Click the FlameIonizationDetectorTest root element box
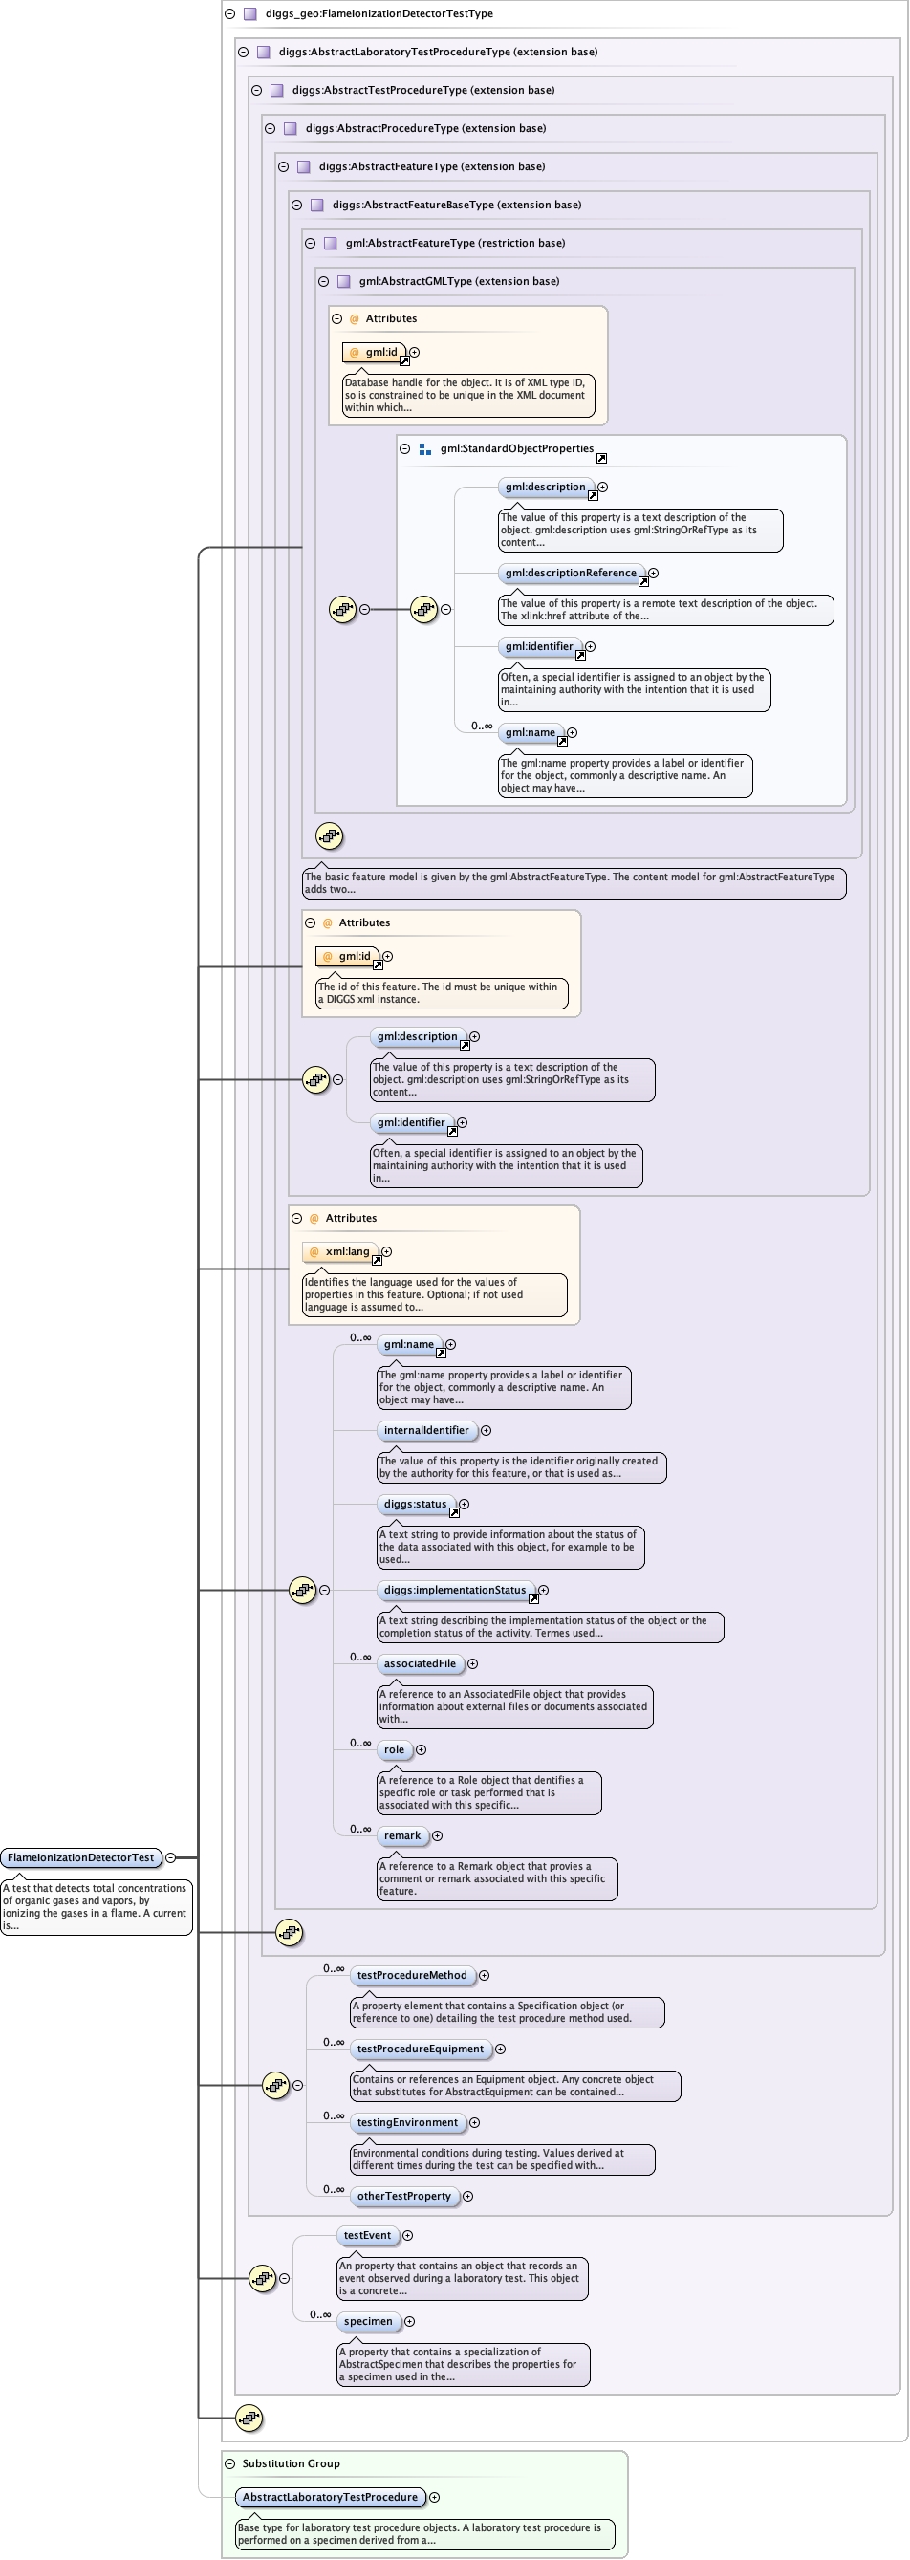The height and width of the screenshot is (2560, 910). pyautogui.click(x=80, y=1857)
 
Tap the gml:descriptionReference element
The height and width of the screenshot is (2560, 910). pyautogui.click(x=571, y=574)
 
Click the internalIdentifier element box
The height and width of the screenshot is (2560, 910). pyautogui.click(x=426, y=1431)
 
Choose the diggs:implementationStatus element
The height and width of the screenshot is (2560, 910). pyautogui.click(x=454, y=1590)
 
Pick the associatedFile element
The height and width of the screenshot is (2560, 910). pyautogui.click(x=420, y=1663)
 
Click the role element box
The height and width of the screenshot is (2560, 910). pyautogui.click(x=395, y=1750)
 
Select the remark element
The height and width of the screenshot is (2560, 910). pyautogui.click(x=402, y=1835)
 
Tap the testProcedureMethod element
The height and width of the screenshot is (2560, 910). pyautogui.click(x=411, y=1976)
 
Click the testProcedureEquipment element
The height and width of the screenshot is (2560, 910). pyautogui.click(x=421, y=2050)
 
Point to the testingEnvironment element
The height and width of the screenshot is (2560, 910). pyautogui.click(x=407, y=2123)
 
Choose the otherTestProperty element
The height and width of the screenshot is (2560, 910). pyautogui.click(x=403, y=2197)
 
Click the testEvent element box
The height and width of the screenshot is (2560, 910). pyautogui.click(x=367, y=2236)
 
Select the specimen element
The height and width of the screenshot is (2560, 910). pyautogui.click(x=368, y=2321)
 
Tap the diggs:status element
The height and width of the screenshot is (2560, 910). pyautogui.click(x=415, y=1505)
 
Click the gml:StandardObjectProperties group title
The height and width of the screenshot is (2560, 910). pyautogui.click(x=516, y=449)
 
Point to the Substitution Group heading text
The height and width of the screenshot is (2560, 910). pyautogui.click(x=292, y=2463)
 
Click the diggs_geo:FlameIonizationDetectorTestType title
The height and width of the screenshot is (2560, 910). pyautogui.click(x=379, y=14)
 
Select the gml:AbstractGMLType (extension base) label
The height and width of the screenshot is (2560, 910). pyautogui.click(x=459, y=281)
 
